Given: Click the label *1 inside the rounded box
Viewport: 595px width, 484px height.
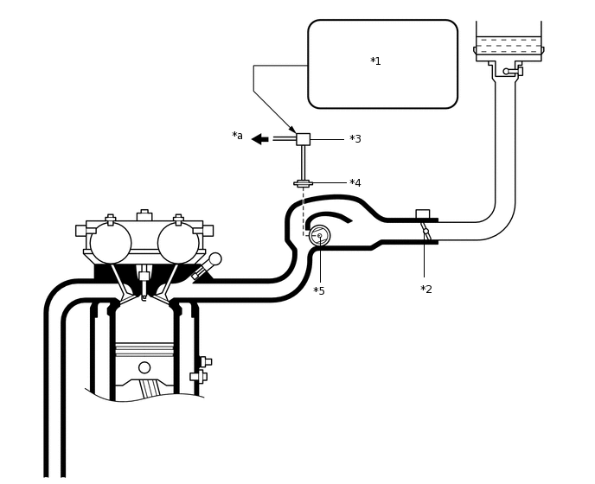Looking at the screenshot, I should [375, 61].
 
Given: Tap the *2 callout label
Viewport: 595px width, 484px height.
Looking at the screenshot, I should [426, 290].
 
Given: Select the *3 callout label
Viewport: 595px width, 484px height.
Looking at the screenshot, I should [355, 139].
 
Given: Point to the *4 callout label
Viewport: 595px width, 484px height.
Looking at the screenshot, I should [355, 183].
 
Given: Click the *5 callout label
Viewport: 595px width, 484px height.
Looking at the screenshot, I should [319, 291].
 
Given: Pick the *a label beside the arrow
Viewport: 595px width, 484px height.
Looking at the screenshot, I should [237, 137].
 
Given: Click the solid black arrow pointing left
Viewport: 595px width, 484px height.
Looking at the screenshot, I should [259, 139].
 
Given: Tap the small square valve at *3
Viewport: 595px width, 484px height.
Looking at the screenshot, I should [303, 139].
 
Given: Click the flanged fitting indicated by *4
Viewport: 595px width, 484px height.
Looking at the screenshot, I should [303, 183].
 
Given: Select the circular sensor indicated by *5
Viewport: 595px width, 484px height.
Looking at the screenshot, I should [319, 235].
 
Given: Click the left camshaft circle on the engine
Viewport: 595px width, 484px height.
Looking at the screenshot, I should [111, 243].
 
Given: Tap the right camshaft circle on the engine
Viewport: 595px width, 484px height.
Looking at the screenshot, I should [178, 243].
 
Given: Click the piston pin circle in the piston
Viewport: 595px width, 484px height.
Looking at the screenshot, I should [144, 367].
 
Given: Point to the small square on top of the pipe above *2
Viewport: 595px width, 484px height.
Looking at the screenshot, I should [422, 213].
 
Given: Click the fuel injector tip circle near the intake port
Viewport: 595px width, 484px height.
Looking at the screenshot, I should [215, 258].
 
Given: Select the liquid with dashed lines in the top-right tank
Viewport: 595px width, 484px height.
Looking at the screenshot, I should [509, 45].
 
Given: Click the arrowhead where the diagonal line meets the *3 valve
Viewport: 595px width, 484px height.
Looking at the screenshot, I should [292, 130].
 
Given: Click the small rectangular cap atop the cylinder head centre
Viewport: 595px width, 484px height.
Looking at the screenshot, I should [144, 216].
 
